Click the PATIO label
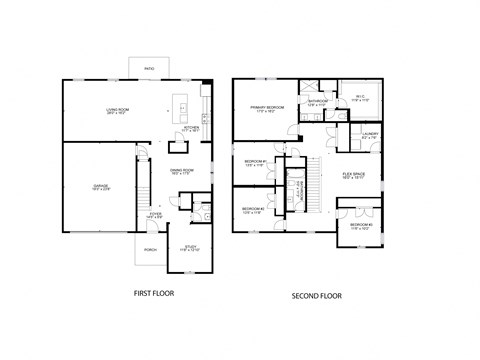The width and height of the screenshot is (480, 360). [148, 68]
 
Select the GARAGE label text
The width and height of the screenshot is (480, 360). [100, 186]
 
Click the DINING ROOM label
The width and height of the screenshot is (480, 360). [181, 170]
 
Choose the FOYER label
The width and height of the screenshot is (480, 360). [155, 213]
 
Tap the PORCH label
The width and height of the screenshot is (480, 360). [150, 249]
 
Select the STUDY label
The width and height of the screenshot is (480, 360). [190, 246]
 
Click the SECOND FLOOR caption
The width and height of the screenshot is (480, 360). [315, 296]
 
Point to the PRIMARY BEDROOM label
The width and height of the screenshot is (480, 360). [267, 107]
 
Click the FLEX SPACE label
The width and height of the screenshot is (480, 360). [354, 174]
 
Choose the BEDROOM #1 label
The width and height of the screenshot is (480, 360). [254, 162]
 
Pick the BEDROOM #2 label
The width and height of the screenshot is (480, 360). [252, 209]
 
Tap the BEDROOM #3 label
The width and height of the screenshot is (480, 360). [361, 225]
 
